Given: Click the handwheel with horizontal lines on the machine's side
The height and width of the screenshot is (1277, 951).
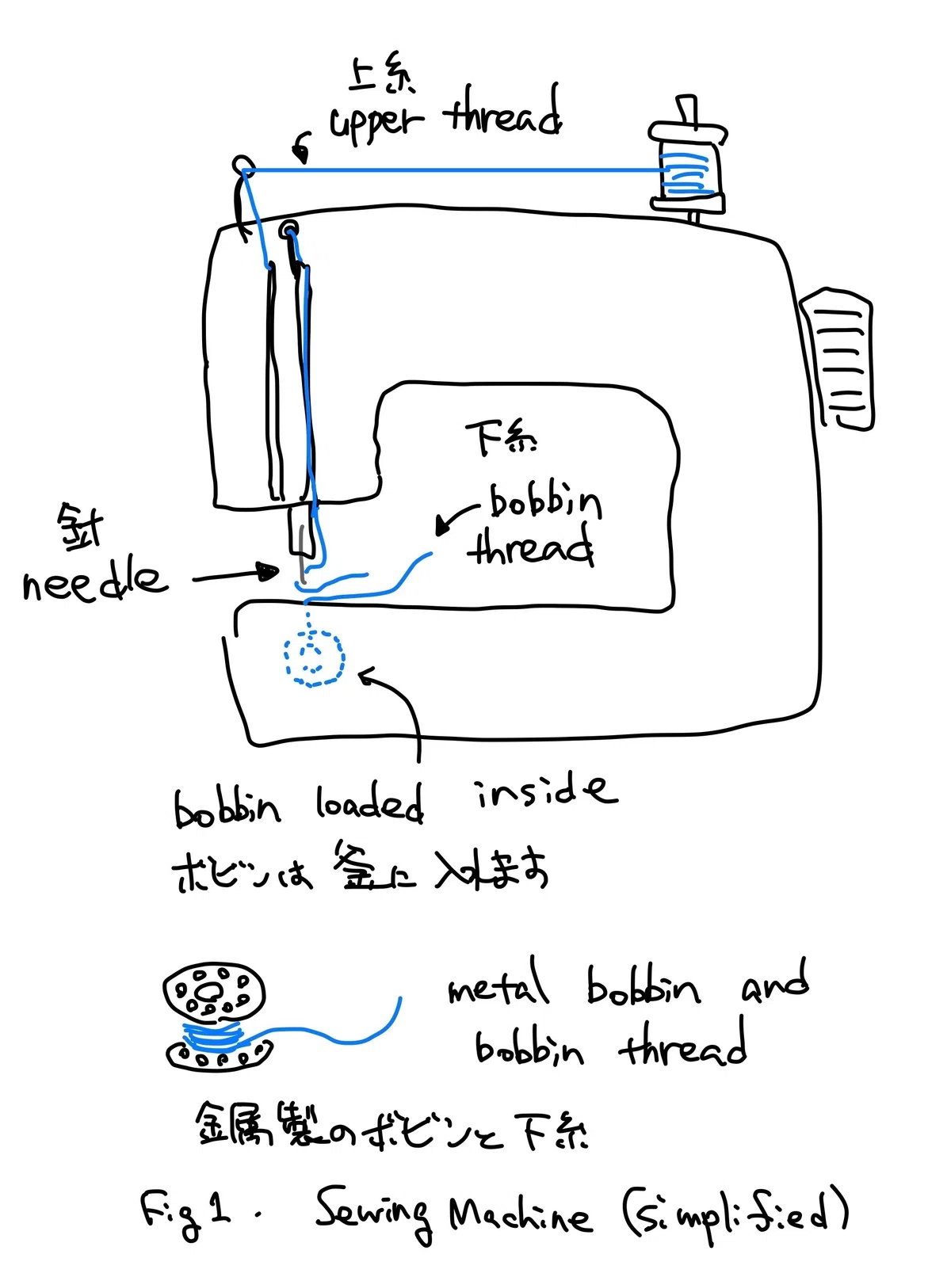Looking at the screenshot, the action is tap(838, 359).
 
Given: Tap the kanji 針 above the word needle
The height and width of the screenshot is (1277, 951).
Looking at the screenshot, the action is tap(81, 526).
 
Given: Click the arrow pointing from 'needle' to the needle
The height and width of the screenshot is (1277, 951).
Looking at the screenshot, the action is tap(235, 575).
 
